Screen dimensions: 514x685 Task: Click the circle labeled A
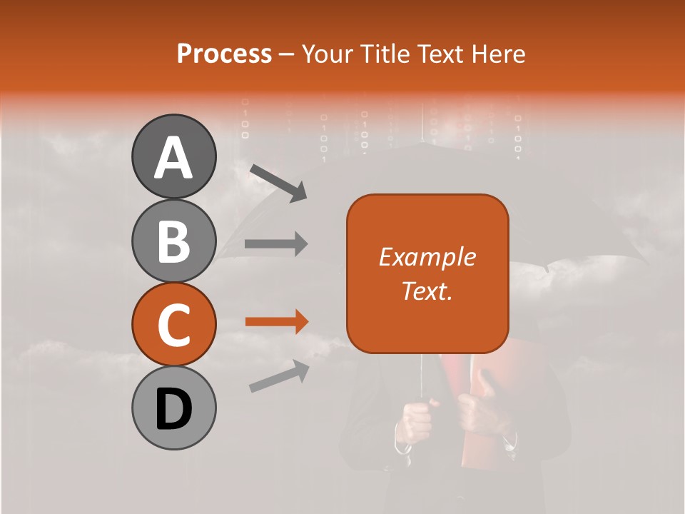click(173, 156)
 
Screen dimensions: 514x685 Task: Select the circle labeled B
click(173, 241)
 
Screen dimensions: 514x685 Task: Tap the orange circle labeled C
click(173, 325)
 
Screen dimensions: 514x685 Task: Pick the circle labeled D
click(173, 408)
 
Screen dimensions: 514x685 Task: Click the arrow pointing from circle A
click(278, 182)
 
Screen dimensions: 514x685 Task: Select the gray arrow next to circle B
click(276, 244)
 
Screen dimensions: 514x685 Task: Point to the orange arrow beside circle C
click(276, 322)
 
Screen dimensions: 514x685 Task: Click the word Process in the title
click(224, 54)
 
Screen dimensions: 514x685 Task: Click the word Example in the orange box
click(427, 257)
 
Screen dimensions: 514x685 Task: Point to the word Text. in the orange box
click(427, 291)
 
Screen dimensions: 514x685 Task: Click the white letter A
click(173, 157)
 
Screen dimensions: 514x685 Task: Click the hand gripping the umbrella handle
click(415, 421)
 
